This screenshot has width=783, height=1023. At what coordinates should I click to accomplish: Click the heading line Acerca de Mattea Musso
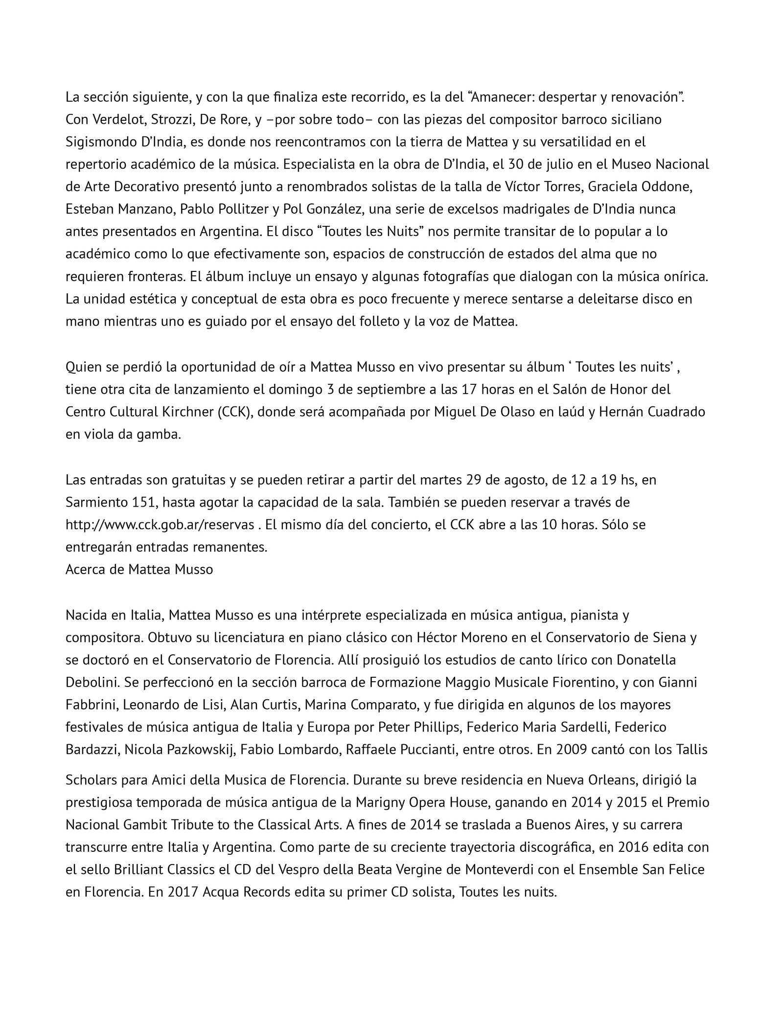[139, 570]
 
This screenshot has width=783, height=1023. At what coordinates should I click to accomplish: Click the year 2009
[556, 750]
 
